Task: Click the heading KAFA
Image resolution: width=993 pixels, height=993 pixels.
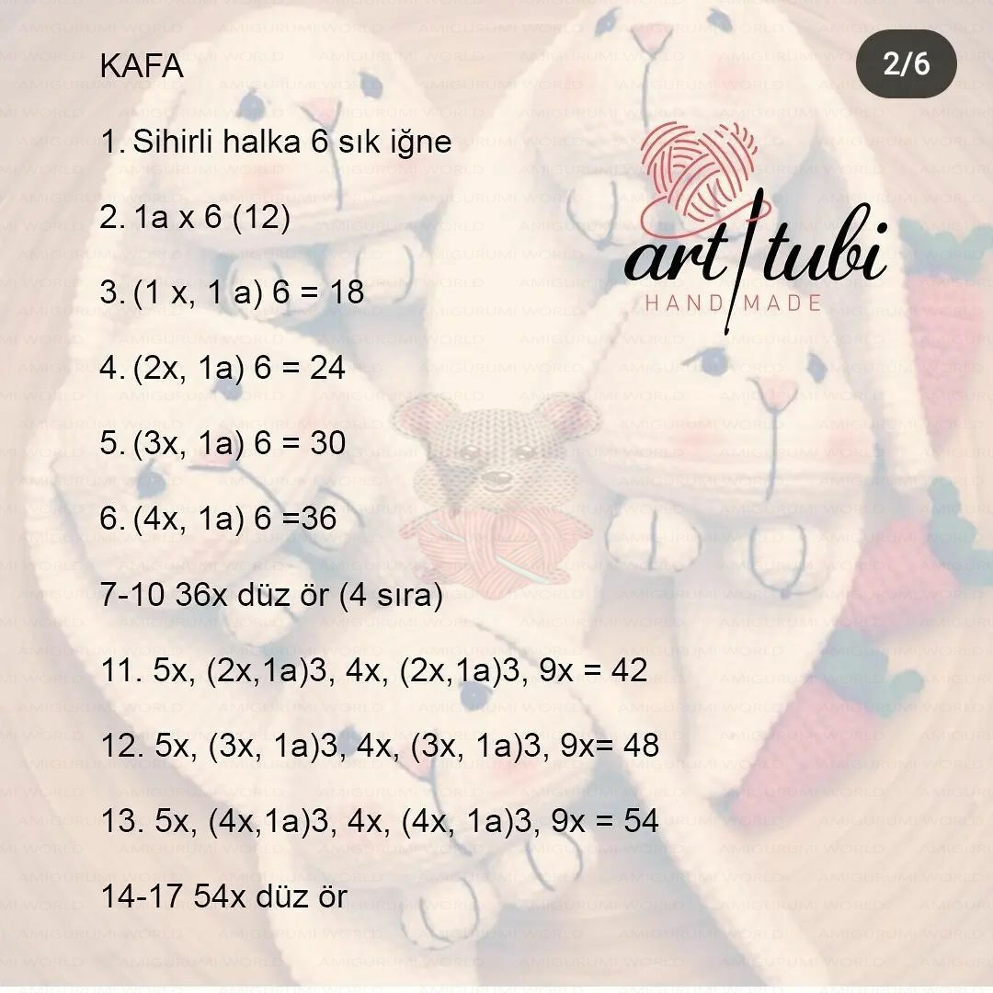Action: [x=142, y=66]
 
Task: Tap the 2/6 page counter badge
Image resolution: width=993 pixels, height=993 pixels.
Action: [x=906, y=64]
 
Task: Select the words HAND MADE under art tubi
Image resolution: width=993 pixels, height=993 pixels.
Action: [x=733, y=303]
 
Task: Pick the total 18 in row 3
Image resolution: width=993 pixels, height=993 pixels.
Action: [x=346, y=292]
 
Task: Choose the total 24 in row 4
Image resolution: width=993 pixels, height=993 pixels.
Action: [x=326, y=368]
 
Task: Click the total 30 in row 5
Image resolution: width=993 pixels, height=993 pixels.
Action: [x=326, y=443]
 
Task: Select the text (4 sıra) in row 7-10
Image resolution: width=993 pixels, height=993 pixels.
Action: [x=391, y=595]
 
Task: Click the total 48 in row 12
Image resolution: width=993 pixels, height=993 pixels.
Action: [x=640, y=746]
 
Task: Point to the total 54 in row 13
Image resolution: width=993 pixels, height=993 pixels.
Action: [x=640, y=821]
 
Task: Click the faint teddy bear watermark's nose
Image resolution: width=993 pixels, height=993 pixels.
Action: [x=497, y=478]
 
